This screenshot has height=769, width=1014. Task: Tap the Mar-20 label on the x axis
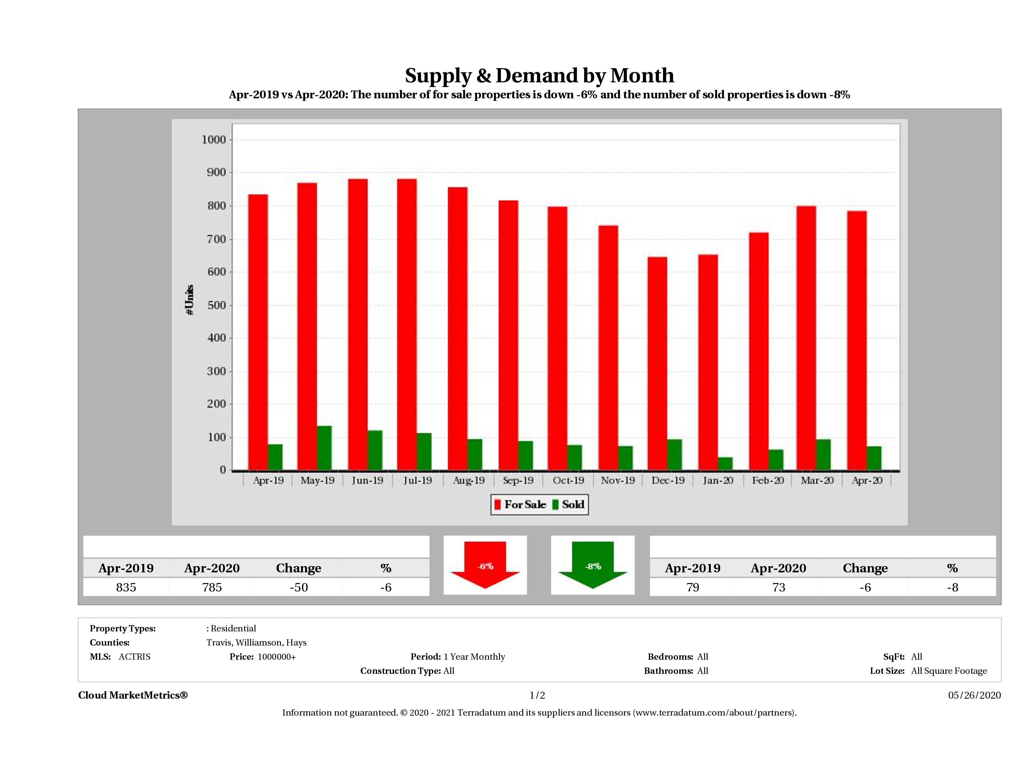[x=817, y=480]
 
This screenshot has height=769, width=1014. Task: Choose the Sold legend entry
[x=568, y=504]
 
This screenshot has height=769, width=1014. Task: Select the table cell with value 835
[x=126, y=587]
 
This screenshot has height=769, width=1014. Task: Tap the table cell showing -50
[x=299, y=587]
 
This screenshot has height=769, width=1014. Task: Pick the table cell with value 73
[x=778, y=587]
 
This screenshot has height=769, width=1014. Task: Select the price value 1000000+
[x=277, y=657]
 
